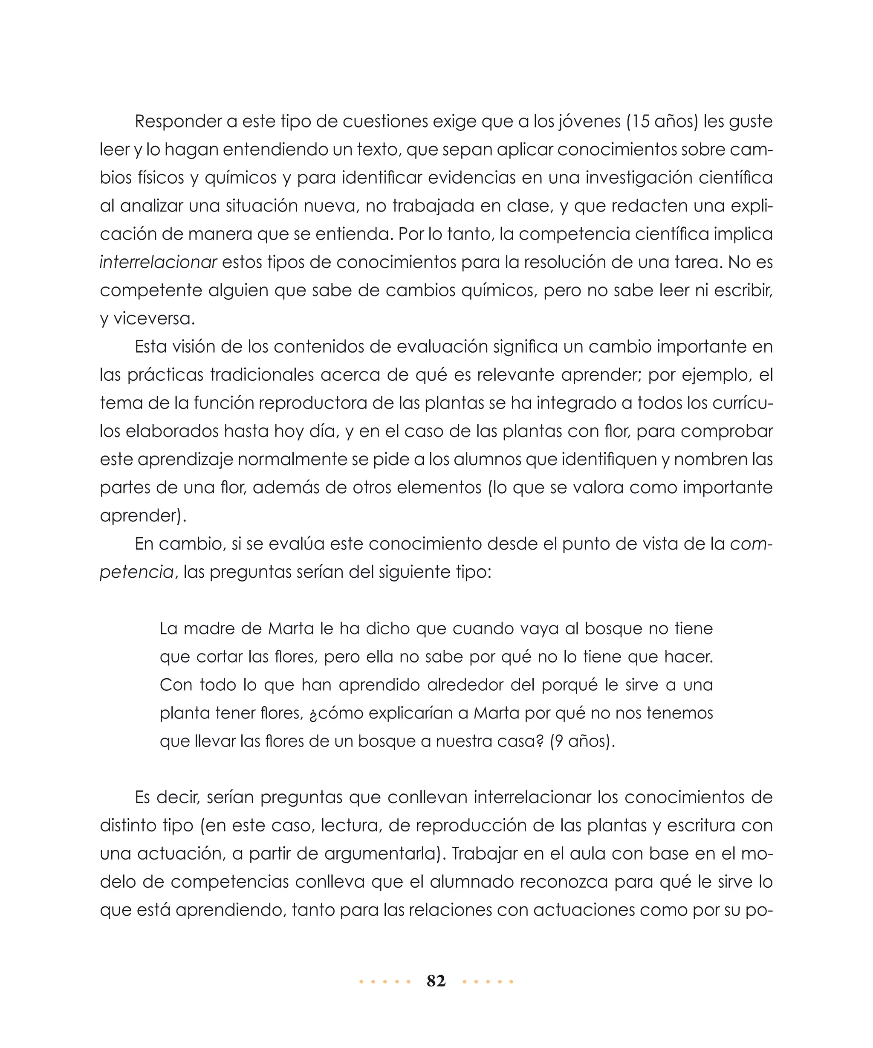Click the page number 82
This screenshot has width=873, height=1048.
[x=436, y=981]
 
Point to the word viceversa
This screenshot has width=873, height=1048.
[x=153, y=319]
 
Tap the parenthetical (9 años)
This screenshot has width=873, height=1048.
[x=582, y=741]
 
